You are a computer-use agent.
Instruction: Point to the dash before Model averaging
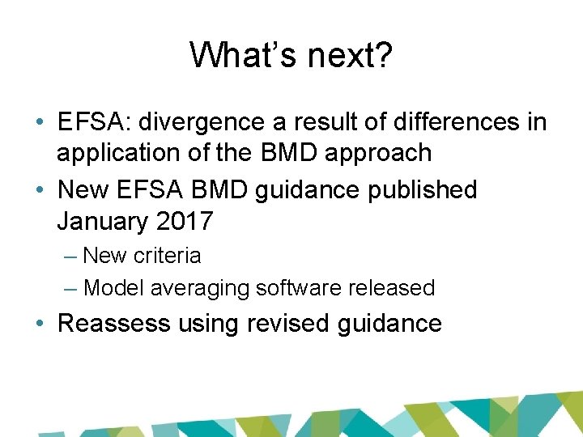70,287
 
